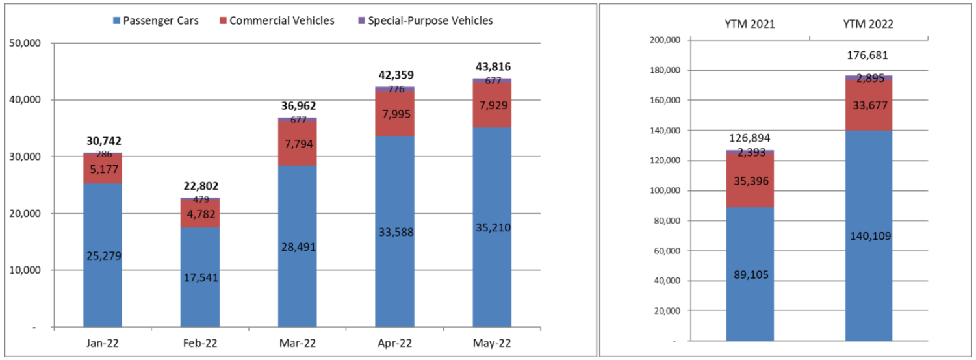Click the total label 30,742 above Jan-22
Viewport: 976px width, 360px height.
pos(103,141)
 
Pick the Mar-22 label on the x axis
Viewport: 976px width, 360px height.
pos(298,343)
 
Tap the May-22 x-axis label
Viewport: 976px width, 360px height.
pos(493,343)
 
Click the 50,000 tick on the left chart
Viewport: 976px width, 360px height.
pos(26,44)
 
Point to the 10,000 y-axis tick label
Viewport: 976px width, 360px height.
pos(26,270)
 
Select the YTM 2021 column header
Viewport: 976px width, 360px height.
pos(751,24)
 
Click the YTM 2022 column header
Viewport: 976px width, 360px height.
pos(869,24)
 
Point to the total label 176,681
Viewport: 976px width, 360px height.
pos(869,55)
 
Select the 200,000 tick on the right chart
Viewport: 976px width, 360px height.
pos(663,40)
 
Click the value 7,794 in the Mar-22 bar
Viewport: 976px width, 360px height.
pos(298,143)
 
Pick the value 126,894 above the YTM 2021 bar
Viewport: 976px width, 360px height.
pos(751,138)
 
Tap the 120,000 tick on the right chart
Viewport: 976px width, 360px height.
pos(663,161)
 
